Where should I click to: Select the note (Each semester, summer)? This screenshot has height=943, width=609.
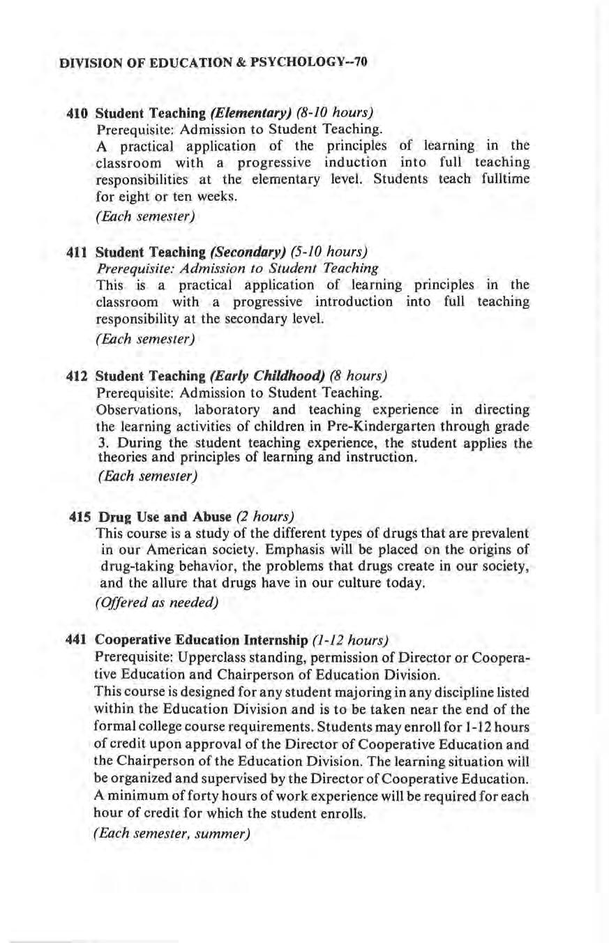(x=172, y=833)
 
